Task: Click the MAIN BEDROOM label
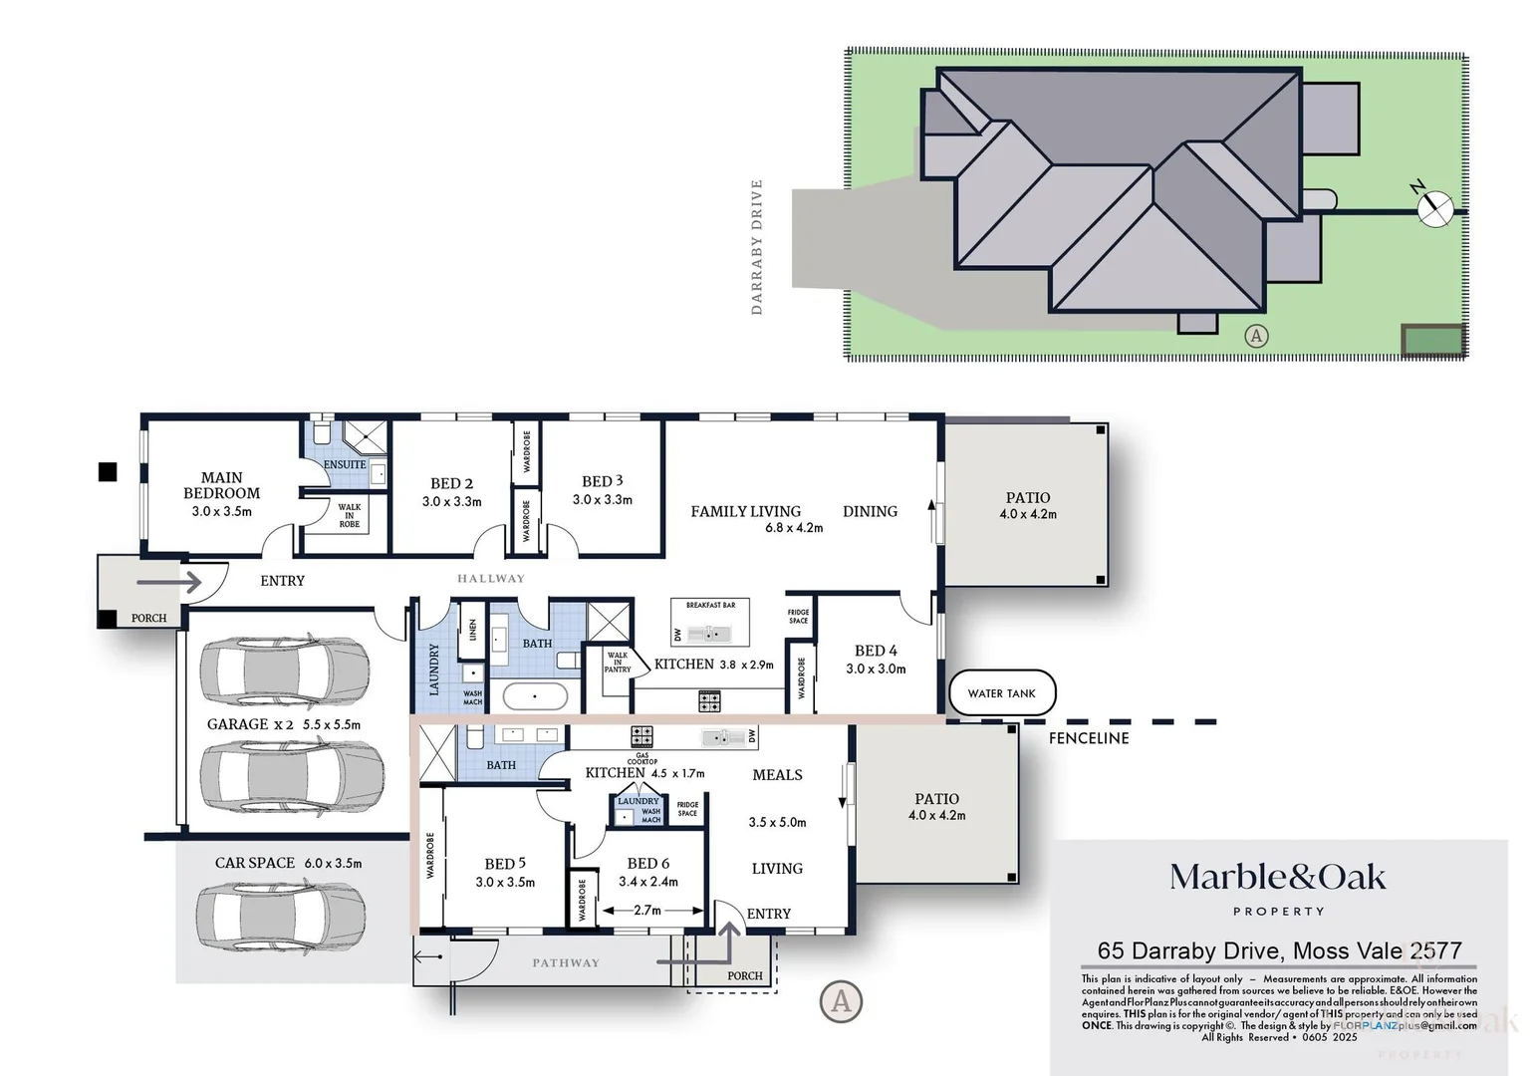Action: point(221,486)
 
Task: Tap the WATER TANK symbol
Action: point(1001,693)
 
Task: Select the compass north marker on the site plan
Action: point(1434,208)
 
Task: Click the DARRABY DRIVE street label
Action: point(756,247)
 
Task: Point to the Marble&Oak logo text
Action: point(1277,878)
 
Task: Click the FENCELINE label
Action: point(1089,738)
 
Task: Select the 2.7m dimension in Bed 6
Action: point(647,911)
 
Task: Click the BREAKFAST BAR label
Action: point(710,605)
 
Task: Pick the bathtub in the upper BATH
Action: point(534,695)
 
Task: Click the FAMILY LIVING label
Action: point(745,511)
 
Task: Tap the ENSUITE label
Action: point(345,464)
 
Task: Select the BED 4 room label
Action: point(876,651)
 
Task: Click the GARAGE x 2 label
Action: point(250,724)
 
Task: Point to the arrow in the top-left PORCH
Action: point(168,582)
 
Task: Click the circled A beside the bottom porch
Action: point(841,1000)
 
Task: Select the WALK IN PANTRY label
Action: point(618,663)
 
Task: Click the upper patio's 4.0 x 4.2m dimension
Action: point(1028,514)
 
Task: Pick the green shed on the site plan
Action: point(1432,340)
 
